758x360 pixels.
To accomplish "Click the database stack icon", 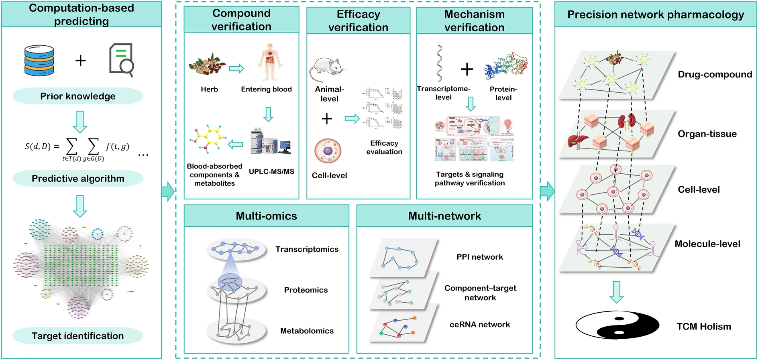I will [x=39, y=60].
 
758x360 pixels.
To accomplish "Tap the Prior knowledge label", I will [x=78, y=96].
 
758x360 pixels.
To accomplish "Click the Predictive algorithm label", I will [x=78, y=179].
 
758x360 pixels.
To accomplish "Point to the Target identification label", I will [x=78, y=336].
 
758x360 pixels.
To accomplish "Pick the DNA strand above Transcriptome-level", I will [x=440, y=63].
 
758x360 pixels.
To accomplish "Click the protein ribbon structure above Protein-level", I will [x=506, y=66].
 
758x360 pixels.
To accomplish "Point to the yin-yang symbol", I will [x=617, y=325].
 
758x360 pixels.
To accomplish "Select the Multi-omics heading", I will [x=266, y=216].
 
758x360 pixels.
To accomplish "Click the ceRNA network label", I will [x=479, y=325].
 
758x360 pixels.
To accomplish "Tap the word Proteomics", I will [x=306, y=290].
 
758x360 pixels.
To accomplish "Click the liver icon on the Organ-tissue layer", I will [x=578, y=141].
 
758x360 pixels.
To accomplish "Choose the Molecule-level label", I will [x=707, y=244].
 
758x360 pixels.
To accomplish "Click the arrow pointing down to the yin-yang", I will [x=616, y=292].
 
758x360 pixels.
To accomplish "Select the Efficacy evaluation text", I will [x=384, y=147].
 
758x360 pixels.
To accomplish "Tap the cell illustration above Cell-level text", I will [x=328, y=151].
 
